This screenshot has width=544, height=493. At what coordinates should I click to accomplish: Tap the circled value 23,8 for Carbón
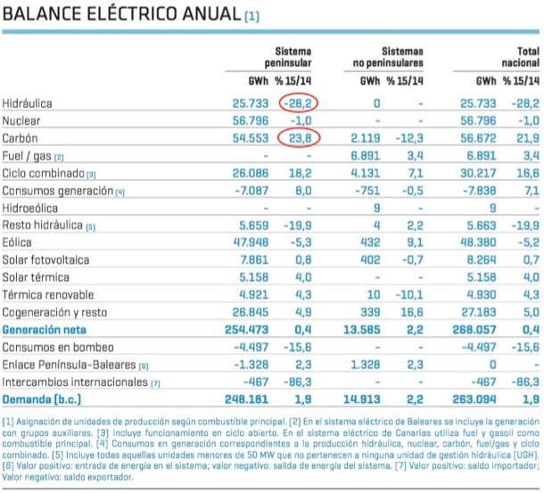point(300,138)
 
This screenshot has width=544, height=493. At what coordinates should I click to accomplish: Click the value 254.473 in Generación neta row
point(244,329)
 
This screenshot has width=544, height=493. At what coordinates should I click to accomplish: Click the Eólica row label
point(19,242)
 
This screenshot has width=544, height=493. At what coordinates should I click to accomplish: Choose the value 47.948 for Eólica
point(247,242)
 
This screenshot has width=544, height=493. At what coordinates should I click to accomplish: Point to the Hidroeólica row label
point(32,208)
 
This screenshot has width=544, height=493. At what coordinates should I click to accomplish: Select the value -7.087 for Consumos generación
point(245,191)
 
